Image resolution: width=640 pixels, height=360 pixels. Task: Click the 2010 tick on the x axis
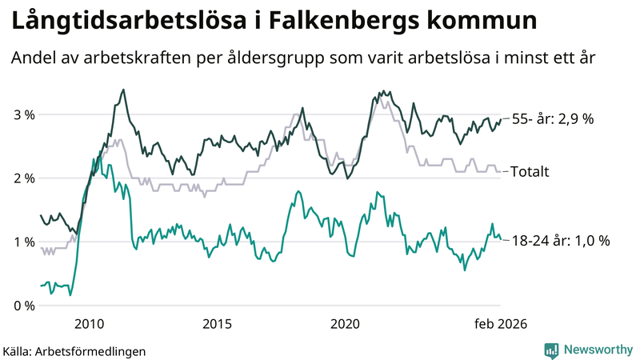[x=89, y=323]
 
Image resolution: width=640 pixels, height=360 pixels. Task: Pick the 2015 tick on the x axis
[x=217, y=323]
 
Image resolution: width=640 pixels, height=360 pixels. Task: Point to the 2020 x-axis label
[x=345, y=323]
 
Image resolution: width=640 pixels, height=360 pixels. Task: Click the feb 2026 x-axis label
[x=498, y=323]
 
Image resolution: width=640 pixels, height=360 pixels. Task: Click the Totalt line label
[x=529, y=171]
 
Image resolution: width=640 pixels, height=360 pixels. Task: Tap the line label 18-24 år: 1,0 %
[x=560, y=240]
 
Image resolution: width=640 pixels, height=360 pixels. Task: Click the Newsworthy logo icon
[x=551, y=349]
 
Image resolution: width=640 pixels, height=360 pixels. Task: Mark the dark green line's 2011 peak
[x=123, y=90]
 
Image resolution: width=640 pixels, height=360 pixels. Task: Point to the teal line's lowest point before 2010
[x=70, y=295]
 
